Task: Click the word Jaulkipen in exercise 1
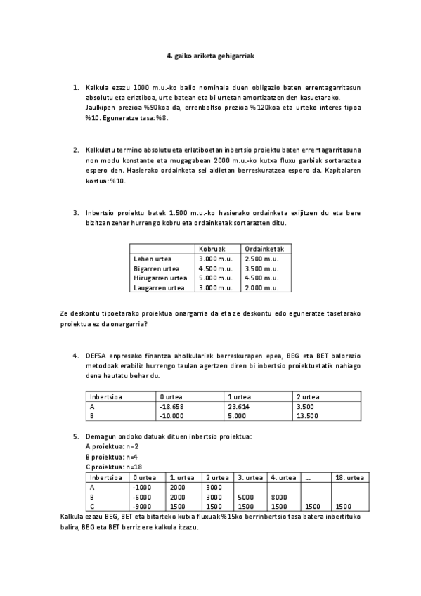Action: coord(101,108)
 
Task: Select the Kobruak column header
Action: coord(212,249)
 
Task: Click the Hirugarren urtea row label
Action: coord(160,278)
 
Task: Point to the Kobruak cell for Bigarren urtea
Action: coord(214,268)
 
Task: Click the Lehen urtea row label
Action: coord(153,259)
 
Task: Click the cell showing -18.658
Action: coord(172,406)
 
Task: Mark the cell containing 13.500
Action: coord(308,415)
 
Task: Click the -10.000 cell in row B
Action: coord(172,415)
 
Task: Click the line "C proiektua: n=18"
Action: coord(113,466)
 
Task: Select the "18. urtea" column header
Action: coord(349,477)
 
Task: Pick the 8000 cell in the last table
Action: coord(279,496)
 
